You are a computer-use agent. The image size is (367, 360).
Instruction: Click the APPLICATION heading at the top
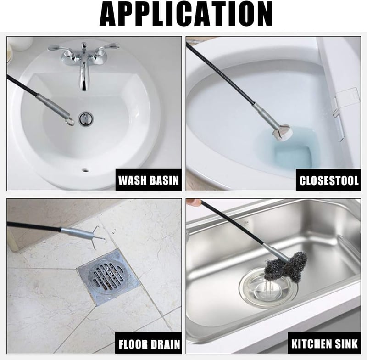click(x=186, y=14)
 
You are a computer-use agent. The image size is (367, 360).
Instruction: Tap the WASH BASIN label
click(x=149, y=180)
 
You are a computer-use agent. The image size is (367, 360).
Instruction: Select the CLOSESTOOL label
click(x=329, y=180)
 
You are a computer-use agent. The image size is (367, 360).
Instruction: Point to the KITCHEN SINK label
click(x=324, y=343)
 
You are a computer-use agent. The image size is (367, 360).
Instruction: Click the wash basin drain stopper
click(x=85, y=118)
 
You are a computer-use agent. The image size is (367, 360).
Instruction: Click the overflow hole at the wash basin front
click(x=85, y=170)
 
